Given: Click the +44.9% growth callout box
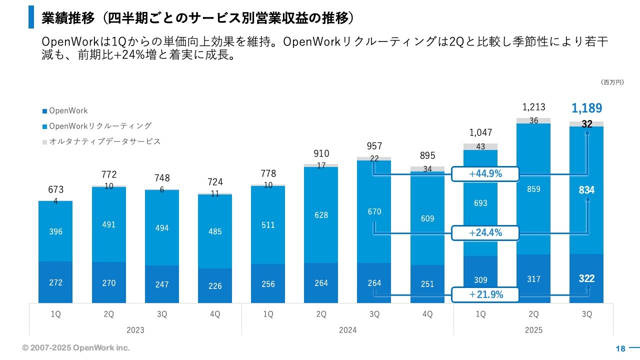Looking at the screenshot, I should (x=484, y=174).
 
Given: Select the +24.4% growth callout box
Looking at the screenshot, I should (x=484, y=232).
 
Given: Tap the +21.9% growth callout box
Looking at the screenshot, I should (x=484, y=294).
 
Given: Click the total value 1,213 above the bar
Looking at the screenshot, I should (x=533, y=107).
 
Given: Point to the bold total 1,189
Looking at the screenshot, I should (x=586, y=108).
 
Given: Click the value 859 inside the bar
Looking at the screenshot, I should (x=533, y=189).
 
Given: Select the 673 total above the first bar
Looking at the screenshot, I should (x=55, y=190).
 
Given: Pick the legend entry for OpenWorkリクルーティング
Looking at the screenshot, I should (x=100, y=126).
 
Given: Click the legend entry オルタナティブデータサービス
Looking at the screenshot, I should (x=105, y=141).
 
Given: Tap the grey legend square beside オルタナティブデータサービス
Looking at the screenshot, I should (x=45, y=142).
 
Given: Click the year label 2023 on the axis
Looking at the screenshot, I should (x=135, y=330).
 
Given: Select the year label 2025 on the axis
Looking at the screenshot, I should (x=533, y=330).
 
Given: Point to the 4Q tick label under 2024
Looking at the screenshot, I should (x=427, y=314).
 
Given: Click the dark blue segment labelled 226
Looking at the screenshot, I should (x=215, y=286).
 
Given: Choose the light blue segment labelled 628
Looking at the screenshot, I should (x=321, y=215).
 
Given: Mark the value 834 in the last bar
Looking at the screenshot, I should (x=586, y=190).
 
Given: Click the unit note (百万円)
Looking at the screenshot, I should (x=612, y=82).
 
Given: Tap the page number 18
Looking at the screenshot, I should (x=620, y=349).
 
